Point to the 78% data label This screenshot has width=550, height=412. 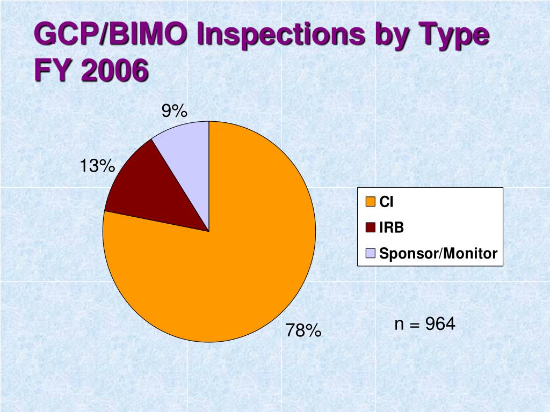(x=303, y=330)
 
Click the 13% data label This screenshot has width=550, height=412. (x=98, y=165)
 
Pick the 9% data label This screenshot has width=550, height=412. (x=175, y=111)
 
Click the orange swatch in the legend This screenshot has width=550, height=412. (x=371, y=202)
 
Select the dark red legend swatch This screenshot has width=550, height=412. (x=371, y=227)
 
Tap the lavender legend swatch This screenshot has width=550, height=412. (x=371, y=253)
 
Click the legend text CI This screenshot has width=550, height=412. (x=386, y=202)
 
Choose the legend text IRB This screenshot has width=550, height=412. (x=392, y=227)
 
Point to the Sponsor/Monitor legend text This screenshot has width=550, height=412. (x=438, y=253)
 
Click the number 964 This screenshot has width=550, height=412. (x=440, y=323)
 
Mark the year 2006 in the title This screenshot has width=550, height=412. (x=115, y=70)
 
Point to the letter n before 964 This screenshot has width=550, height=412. (x=399, y=325)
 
